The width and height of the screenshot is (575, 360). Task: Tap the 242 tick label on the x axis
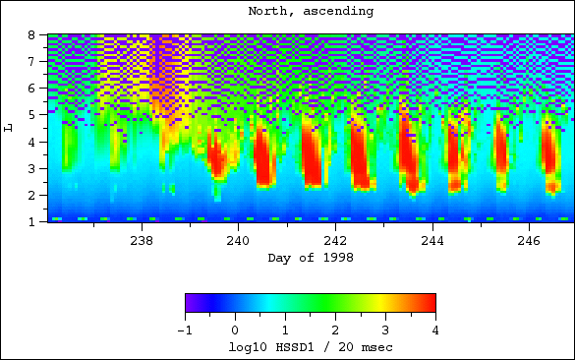335,241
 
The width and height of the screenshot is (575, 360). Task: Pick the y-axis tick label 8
31,34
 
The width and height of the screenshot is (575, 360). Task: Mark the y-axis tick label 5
31,115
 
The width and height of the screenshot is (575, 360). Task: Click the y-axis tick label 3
31,168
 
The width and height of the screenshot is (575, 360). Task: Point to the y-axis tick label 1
31,221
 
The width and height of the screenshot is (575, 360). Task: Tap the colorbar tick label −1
185,330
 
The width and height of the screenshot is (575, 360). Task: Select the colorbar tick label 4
435,330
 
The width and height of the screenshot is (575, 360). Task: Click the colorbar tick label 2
335,330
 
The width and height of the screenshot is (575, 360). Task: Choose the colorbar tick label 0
235,330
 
